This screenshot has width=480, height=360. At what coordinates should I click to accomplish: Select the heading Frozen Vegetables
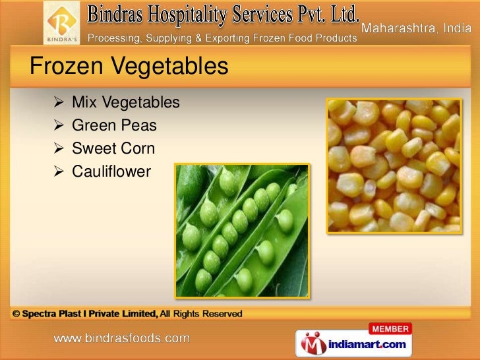pos(129,66)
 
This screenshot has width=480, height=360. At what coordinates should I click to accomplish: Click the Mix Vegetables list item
pos(125,102)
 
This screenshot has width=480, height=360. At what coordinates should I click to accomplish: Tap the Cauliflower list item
pos(111,172)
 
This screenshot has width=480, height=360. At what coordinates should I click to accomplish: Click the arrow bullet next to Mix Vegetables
pos(57,103)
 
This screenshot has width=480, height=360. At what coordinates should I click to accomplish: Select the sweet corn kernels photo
pos(394,165)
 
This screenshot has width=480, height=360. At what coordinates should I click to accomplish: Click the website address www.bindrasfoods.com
pos(122,339)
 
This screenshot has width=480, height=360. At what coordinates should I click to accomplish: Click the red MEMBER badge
pos(390,328)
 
